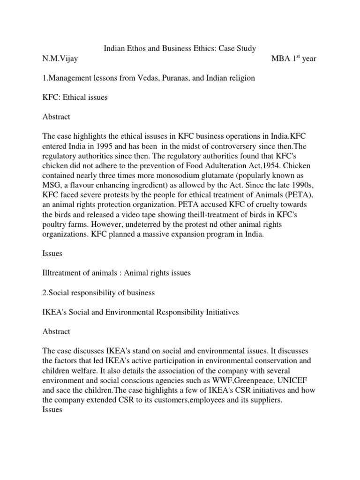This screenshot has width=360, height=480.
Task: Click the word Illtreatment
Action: click(64, 273)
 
